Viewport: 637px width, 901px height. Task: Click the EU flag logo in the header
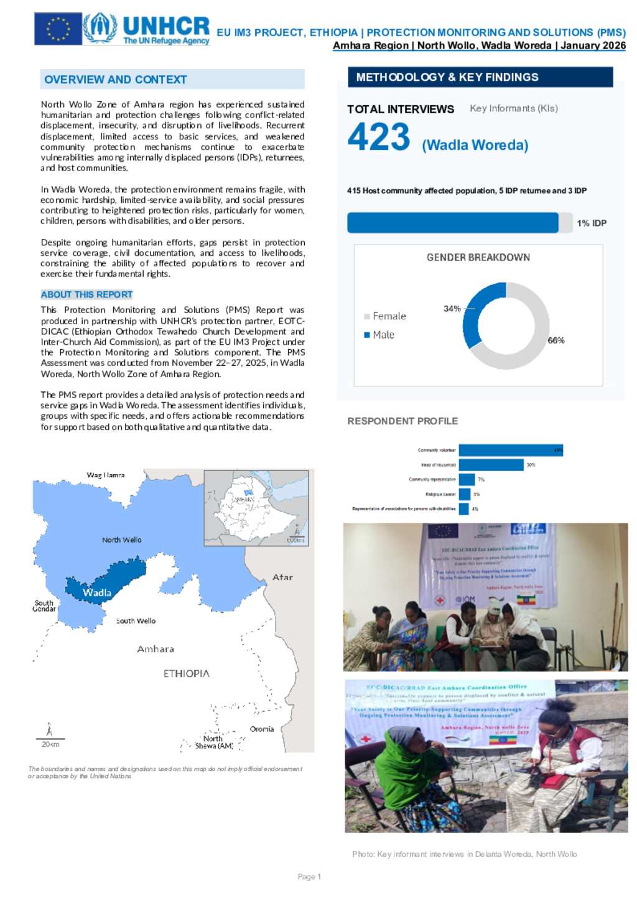[58, 29]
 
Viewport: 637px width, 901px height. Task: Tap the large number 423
[379, 137]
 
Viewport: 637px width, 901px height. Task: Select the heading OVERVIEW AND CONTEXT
[116, 80]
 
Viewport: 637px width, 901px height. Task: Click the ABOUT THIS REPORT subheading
[86, 294]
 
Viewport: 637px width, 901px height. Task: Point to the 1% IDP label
[591, 223]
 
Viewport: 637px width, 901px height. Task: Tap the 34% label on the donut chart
[452, 309]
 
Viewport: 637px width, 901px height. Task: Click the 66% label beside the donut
[556, 340]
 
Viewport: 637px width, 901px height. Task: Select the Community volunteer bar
[511, 450]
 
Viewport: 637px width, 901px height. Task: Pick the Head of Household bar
[491, 465]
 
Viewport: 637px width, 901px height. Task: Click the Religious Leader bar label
[440, 494]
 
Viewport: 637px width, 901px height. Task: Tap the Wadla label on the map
[97, 592]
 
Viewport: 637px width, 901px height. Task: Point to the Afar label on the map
[282, 577]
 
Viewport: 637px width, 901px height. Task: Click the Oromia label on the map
[262, 729]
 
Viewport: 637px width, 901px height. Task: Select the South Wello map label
[136, 621]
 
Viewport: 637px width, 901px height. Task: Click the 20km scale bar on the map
[50, 739]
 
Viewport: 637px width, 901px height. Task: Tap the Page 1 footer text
[309, 877]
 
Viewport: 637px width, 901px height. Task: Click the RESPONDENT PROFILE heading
[402, 421]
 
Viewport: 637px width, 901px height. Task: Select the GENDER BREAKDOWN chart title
[478, 258]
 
